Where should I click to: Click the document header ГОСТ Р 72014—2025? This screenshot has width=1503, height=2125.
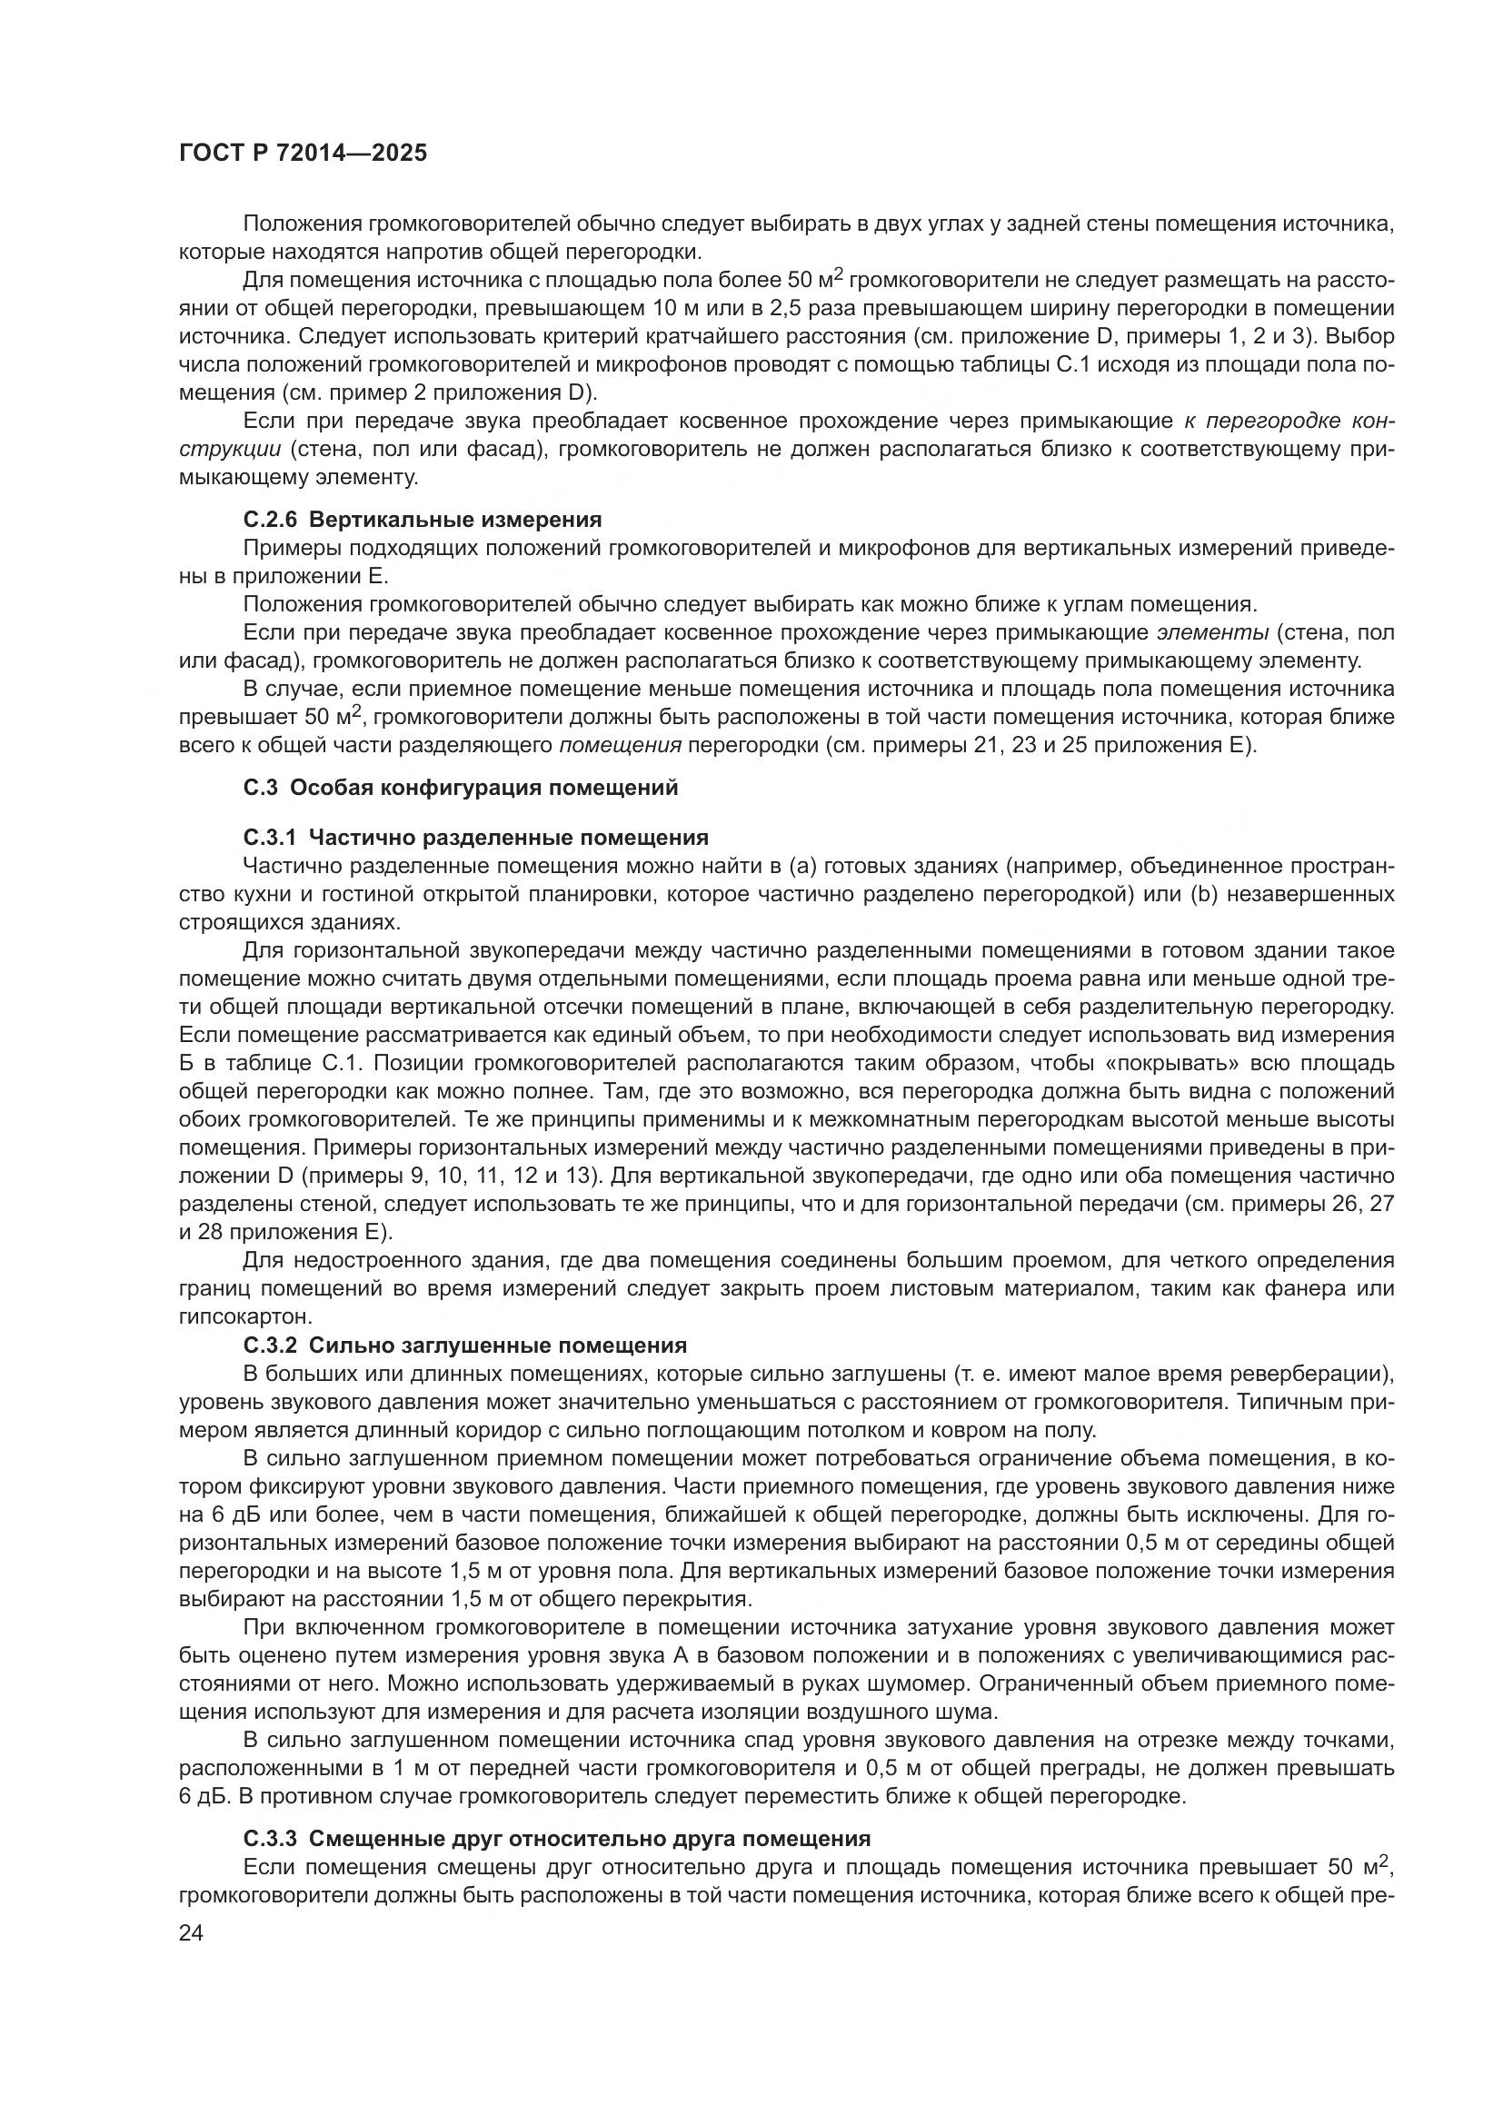[303, 154]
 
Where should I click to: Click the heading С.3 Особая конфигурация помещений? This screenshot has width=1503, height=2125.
[461, 788]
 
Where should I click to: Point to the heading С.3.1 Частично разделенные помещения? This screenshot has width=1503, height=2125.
[475, 838]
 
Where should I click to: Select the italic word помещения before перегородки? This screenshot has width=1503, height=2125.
[621, 745]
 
